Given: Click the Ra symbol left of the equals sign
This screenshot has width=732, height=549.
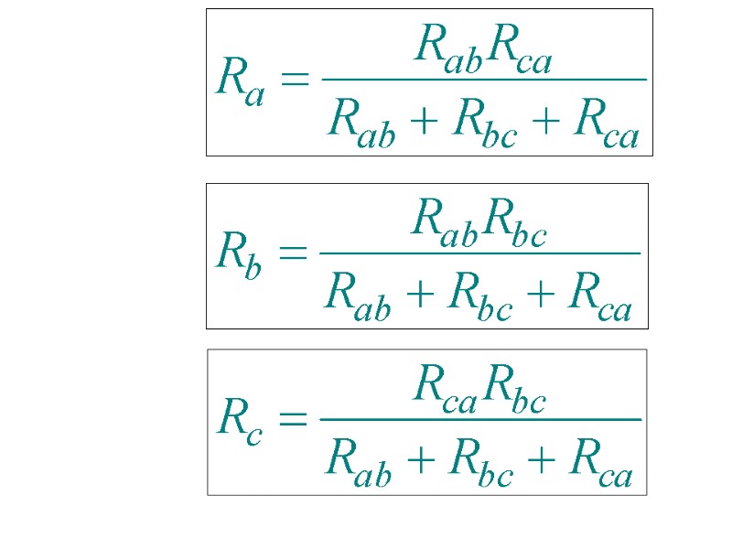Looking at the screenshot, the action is (x=241, y=81).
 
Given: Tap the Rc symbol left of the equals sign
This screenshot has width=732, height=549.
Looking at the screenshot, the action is (x=240, y=421).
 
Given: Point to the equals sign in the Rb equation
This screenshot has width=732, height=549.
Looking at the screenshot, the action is (x=293, y=253).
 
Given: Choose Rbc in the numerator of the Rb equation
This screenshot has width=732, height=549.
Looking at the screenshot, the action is (x=514, y=219).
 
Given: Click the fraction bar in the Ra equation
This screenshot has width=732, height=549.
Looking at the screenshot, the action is (x=483, y=80).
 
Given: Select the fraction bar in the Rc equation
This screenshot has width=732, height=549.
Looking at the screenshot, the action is (x=479, y=419).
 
